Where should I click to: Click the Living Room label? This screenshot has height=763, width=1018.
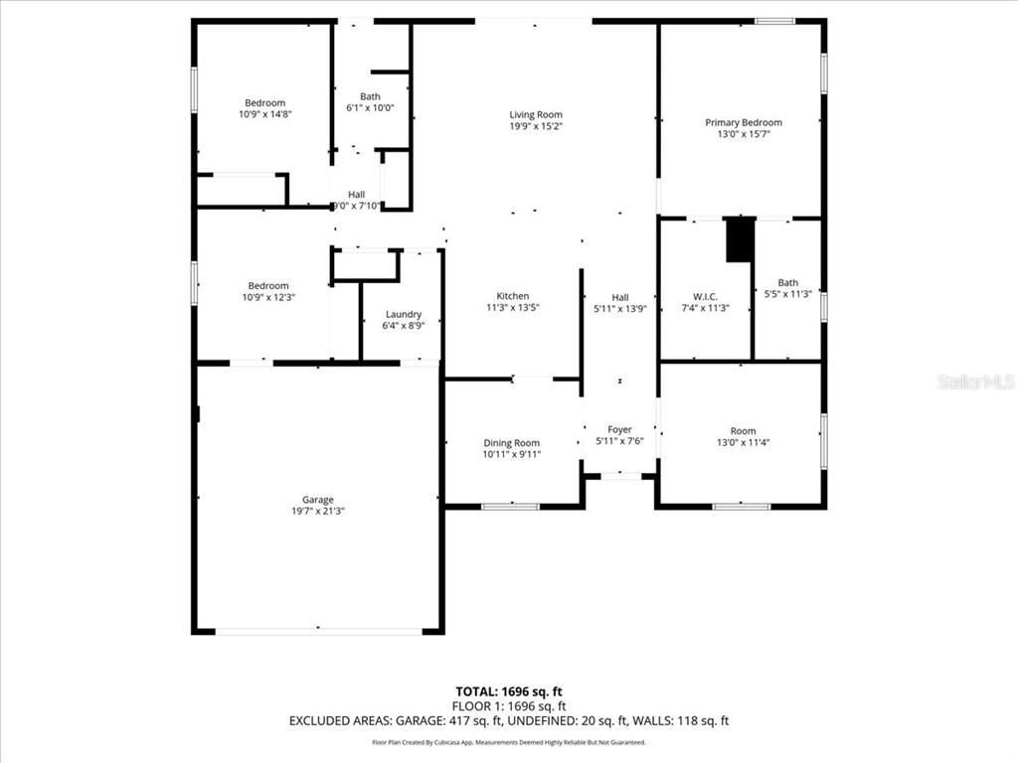point(536,115)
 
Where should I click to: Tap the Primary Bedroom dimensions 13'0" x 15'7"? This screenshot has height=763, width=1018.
point(743,134)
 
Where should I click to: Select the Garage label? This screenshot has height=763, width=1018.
point(318,500)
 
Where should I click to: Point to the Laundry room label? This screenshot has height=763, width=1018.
point(403,314)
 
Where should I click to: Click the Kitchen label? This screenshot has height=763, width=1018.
point(513,296)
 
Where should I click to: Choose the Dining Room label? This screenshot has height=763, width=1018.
point(512,443)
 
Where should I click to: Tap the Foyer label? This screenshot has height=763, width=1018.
point(620,429)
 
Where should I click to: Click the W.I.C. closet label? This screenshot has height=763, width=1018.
point(705,296)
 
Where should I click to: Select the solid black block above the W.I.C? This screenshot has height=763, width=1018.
point(740,239)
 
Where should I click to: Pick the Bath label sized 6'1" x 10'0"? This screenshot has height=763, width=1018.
point(370,96)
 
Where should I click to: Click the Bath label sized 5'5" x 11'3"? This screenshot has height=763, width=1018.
point(787,283)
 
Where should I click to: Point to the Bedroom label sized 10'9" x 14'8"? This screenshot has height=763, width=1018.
point(265,103)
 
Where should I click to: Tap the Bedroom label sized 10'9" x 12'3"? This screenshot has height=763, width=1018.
point(268,286)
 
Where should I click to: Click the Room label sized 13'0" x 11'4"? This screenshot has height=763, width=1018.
point(743,431)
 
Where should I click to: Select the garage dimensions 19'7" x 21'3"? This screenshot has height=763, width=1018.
point(318,511)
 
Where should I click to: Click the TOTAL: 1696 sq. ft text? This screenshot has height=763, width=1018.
point(515,691)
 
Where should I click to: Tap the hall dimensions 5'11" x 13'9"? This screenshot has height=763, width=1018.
point(620,308)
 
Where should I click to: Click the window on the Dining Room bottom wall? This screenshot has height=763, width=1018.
point(510,507)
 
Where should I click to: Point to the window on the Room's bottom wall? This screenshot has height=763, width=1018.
point(741,507)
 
